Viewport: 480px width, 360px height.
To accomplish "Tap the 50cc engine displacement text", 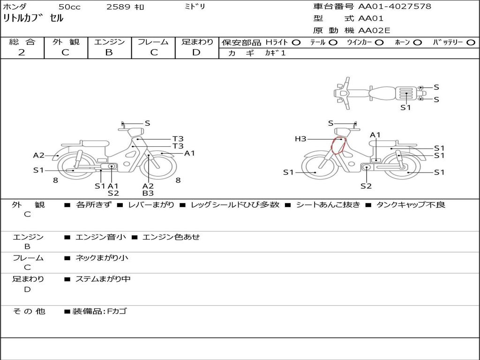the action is click(x=69, y=7).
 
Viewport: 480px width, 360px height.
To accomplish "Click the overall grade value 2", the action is click(x=22, y=52).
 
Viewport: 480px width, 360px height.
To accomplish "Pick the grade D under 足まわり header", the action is click(x=196, y=52).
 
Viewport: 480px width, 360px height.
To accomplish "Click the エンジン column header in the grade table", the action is click(x=109, y=42).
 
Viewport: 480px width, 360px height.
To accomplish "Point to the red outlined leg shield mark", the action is click(x=337, y=145).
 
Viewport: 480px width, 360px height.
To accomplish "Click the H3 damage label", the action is click(x=300, y=139).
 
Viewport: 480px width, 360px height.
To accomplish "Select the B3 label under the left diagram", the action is click(x=148, y=193).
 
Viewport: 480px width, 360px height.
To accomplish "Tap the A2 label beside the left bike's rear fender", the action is click(x=38, y=156).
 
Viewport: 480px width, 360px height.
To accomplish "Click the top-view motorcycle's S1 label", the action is click(x=405, y=107).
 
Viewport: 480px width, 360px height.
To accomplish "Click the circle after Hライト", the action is click(x=296, y=42).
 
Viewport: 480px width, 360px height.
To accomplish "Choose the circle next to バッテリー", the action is click(x=471, y=42).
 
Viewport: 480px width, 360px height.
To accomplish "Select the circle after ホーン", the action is click(x=417, y=42).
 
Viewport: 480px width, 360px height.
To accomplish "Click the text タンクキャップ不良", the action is click(x=411, y=204).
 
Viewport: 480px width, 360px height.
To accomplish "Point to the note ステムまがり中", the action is click(x=103, y=279).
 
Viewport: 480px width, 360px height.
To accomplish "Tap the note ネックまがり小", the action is click(x=102, y=258).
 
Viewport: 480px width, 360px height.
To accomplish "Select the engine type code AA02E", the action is click(x=374, y=31).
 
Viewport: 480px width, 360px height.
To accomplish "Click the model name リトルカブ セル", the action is click(x=33, y=19).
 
